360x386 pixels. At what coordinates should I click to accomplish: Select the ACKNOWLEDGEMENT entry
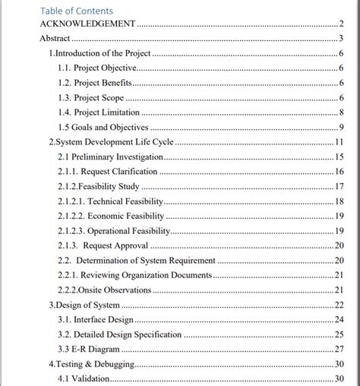click(87, 24)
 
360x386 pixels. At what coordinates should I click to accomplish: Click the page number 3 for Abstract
click(342, 39)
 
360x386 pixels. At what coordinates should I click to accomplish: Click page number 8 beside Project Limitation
click(342, 112)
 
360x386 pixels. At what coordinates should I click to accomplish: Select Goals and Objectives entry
click(103, 128)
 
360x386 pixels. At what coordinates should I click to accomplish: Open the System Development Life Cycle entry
click(111, 142)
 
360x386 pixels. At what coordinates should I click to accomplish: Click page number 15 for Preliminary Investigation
click(339, 157)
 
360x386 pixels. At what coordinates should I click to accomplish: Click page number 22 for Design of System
click(339, 305)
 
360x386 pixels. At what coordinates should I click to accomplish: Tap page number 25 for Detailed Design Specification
click(339, 334)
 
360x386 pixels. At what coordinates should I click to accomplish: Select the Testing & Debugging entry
click(92, 364)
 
